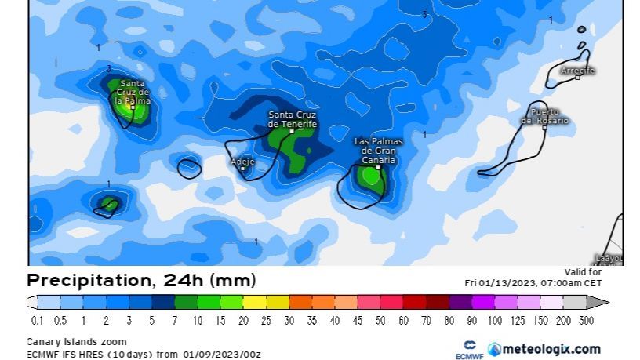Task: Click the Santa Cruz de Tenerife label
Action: [x=292, y=119]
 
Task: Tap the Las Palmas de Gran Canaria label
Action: [x=378, y=150]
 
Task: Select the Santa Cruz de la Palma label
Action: [x=131, y=92]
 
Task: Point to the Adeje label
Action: [x=242, y=161]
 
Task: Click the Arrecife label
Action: [x=577, y=71]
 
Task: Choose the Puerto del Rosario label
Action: [x=544, y=117]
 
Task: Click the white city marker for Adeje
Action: [x=243, y=168]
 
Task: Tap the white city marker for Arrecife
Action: [x=577, y=78]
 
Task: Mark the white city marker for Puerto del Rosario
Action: [x=544, y=128]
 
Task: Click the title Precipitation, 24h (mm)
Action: [x=141, y=281]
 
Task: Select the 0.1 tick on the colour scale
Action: [x=37, y=321]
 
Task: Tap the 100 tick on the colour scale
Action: [x=494, y=321]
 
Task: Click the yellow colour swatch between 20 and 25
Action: [x=254, y=302]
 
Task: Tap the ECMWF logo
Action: [x=470, y=350]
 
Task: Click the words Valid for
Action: [x=582, y=272]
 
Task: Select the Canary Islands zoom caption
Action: [x=77, y=342]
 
